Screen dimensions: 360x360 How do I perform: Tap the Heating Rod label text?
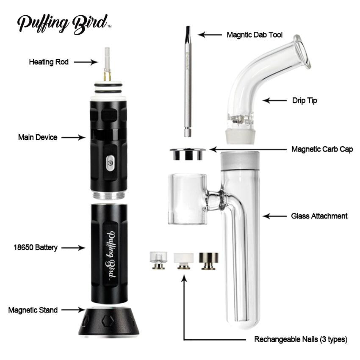click(49, 62)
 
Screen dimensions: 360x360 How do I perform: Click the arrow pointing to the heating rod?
click(86, 62)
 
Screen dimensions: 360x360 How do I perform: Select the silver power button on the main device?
click(111, 163)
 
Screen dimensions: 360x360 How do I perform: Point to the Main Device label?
click(38, 137)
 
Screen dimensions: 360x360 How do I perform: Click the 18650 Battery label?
click(36, 247)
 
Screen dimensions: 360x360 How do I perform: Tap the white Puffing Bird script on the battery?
click(111, 255)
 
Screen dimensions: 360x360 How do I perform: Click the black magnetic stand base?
click(108, 321)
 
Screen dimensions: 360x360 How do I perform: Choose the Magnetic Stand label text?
click(33, 310)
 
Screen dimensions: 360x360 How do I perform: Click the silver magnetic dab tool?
click(188, 81)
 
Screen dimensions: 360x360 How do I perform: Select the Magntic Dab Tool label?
click(255, 35)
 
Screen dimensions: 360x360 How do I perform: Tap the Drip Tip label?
click(305, 100)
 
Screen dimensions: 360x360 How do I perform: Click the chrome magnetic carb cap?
click(188, 154)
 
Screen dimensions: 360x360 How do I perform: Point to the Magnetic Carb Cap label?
click(322, 149)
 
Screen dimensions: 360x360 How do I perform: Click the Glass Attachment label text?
click(319, 216)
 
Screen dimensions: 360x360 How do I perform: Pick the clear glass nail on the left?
click(158, 260)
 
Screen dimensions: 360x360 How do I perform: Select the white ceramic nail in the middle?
click(183, 261)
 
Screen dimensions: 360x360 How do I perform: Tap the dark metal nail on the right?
click(208, 261)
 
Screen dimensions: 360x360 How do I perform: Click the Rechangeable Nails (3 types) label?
click(301, 339)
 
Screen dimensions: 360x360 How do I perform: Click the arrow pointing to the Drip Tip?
click(274, 100)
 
